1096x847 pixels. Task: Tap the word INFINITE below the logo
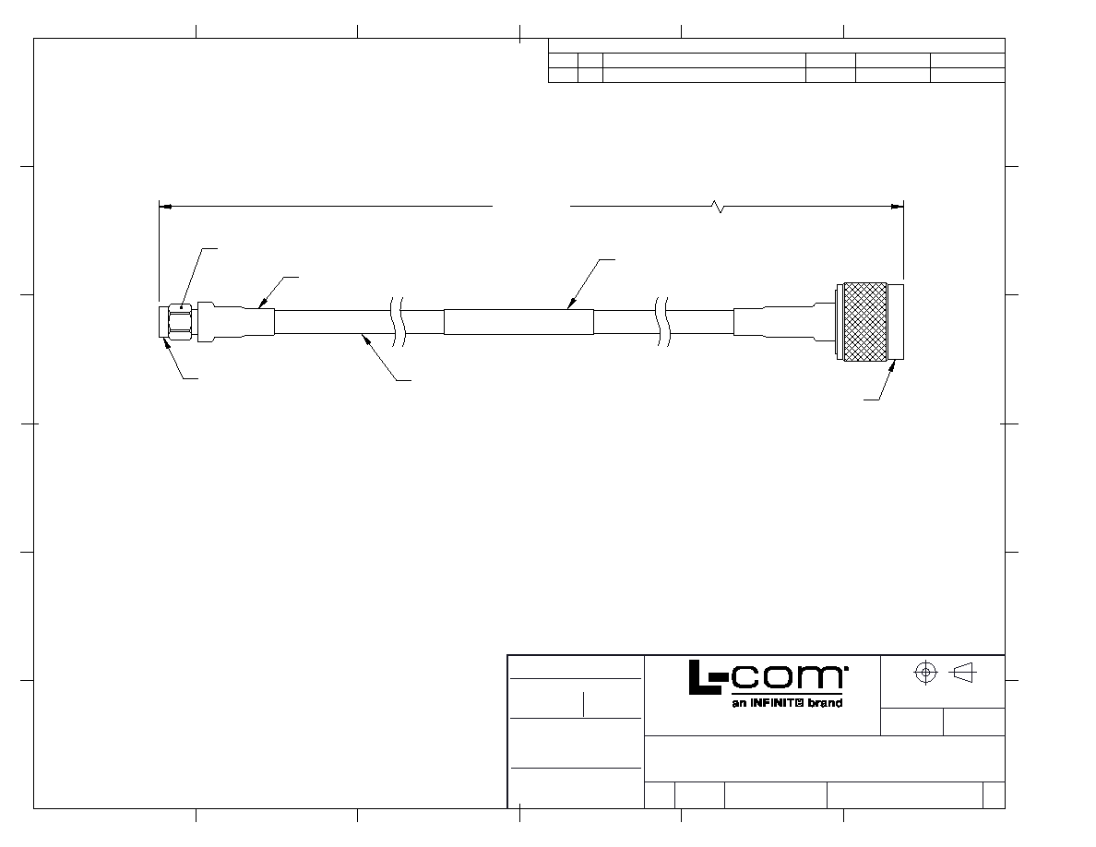point(778,703)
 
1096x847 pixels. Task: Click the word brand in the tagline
point(826,703)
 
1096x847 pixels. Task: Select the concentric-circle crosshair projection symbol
point(925,673)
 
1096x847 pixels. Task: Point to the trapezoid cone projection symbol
point(964,673)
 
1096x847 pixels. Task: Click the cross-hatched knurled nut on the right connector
point(865,322)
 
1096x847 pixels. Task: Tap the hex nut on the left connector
point(180,322)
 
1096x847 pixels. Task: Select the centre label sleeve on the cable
point(518,322)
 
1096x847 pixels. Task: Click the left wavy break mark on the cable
point(397,322)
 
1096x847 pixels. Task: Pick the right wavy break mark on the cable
point(662,322)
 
